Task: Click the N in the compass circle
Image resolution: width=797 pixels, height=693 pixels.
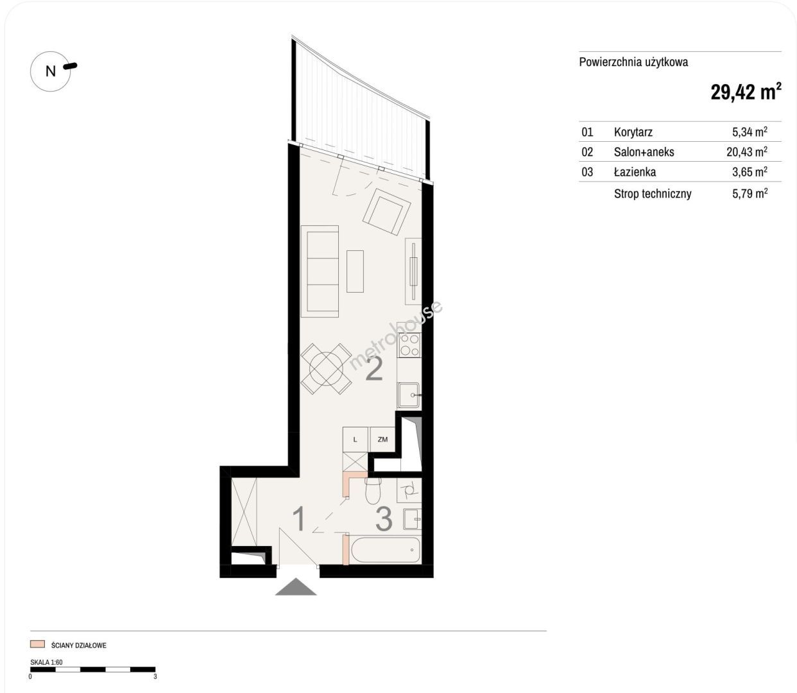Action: pyautogui.click(x=50, y=71)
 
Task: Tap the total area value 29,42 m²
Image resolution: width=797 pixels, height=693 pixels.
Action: pyautogui.click(x=746, y=92)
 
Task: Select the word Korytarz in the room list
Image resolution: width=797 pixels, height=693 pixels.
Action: pyautogui.click(x=633, y=132)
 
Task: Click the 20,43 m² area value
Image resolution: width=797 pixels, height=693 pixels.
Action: pyautogui.click(x=747, y=151)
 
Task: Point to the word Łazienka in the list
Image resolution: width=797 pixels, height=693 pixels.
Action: pyautogui.click(x=635, y=171)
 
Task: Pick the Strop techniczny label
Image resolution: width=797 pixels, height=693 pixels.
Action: pyautogui.click(x=653, y=194)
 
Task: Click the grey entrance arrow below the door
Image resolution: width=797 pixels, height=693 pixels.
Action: pyautogui.click(x=296, y=586)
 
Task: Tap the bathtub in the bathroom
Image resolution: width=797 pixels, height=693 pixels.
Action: pyautogui.click(x=386, y=550)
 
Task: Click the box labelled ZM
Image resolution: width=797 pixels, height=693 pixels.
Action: pyautogui.click(x=382, y=440)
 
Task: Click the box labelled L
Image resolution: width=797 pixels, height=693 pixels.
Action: pyautogui.click(x=356, y=440)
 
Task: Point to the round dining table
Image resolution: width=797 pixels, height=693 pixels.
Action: pyautogui.click(x=326, y=368)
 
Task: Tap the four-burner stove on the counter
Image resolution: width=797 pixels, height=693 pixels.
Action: pyautogui.click(x=409, y=345)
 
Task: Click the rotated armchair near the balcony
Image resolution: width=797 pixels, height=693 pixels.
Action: pyautogui.click(x=386, y=211)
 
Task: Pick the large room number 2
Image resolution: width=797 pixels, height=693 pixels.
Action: pyautogui.click(x=374, y=370)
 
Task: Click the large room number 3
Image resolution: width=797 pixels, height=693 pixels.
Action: pyautogui.click(x=384, y=519)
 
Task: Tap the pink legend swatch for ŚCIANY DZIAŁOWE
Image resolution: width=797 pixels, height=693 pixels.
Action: pyautogui.click(x=37, y=644)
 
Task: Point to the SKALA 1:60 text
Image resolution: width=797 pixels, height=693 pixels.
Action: pyautogui.click(x=46, y=662)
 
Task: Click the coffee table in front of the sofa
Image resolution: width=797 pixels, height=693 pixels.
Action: pyautogui.click(x=355, y=271)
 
